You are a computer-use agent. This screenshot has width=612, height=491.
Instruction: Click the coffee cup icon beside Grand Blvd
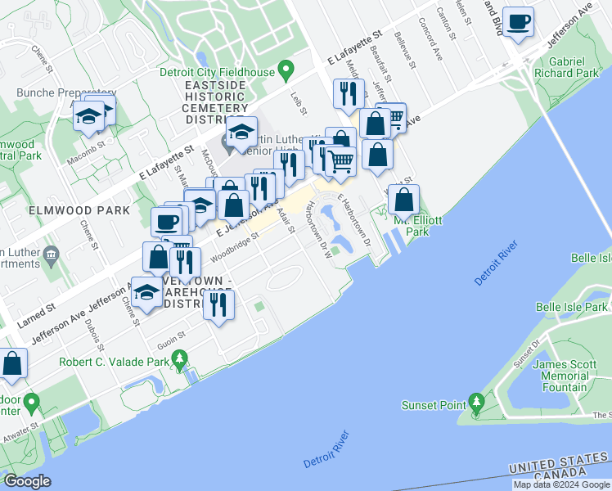tap(518, 22)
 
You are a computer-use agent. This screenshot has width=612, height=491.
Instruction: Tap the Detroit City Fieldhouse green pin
tap(286, 70)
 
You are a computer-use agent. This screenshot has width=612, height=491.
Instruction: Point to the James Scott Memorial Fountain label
tap(560, 376)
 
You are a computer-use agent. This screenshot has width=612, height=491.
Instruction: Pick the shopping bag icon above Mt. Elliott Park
tap(404, 200)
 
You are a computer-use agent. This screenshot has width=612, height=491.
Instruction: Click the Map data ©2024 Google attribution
tap(561, 484)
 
